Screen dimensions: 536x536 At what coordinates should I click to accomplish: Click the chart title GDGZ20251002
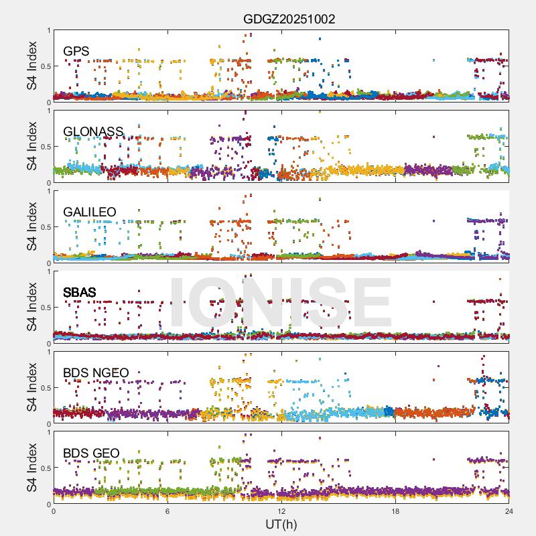(x=289, y=19)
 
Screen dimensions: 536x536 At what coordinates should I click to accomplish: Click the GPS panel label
(x=76, y=52)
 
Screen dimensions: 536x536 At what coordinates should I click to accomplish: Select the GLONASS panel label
(x=93, y=132)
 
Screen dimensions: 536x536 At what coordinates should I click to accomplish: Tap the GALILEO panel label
(x=90, y=212)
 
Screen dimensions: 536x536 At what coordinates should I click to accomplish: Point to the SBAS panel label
(x=80, y=293)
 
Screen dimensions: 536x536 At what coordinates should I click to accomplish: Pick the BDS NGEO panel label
(x=96, y=373)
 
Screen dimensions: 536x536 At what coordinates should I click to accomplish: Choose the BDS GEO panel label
(x=91, y=454)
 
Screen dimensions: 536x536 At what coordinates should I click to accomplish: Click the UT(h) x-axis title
(x=281, y=524)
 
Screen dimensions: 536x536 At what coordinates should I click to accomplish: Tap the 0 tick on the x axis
(x=54, y=511)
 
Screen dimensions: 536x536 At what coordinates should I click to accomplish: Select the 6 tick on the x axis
(x=167, y=511)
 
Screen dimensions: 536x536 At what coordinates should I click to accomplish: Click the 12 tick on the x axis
(x=281, y=511)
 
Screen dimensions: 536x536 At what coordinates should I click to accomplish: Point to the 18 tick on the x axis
(x=395, y=511)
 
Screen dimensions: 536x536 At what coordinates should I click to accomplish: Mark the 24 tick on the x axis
(x=509, y=511)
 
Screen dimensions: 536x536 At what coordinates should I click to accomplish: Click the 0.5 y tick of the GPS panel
(x=45, y=66)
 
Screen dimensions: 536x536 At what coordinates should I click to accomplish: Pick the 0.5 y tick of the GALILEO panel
(x=45, y=226)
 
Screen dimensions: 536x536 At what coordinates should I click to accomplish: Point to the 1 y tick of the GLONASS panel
(x=48, y=111)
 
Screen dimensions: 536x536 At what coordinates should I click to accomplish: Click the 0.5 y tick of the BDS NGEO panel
(x=45, y=387)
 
